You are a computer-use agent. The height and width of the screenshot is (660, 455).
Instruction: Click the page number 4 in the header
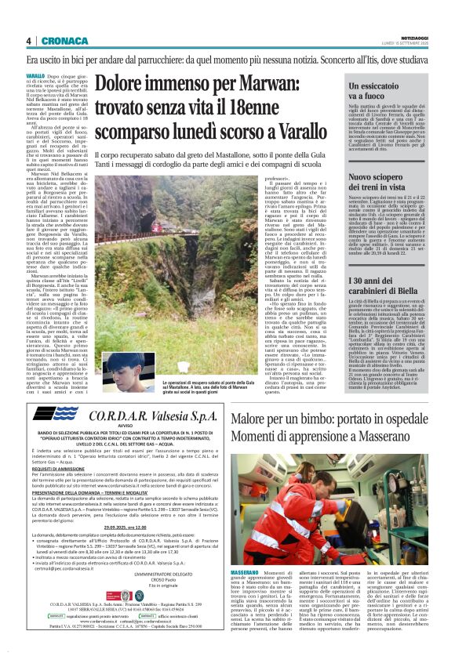pyautogui.click(x=29, y=41)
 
